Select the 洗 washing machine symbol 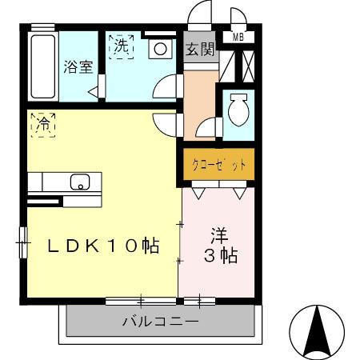click(x=121, y=47)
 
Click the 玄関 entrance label click(x=200, y=49)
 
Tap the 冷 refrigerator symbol click(x=43, y=125)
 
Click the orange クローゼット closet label click(x=218, y=166)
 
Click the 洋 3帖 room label click(x=218, y=246)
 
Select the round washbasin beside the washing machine click(x=161, y=49)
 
